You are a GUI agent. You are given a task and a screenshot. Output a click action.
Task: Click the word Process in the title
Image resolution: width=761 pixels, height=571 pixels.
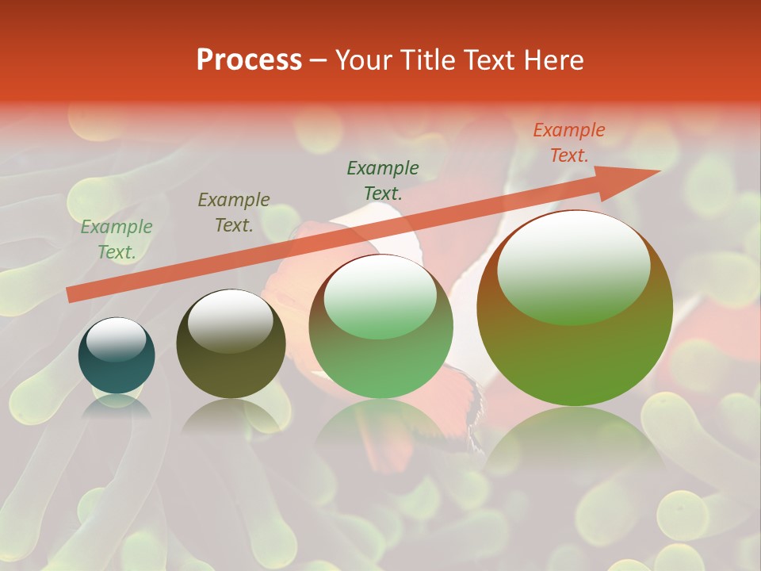tap(249, 60)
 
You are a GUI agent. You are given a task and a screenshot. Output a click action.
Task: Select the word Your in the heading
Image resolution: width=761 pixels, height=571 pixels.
tap(363, 60)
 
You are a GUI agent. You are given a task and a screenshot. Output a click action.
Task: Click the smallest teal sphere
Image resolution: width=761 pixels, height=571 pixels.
tap(117, 355)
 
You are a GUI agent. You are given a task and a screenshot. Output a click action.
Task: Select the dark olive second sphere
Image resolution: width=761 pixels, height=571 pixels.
tap(231, 344)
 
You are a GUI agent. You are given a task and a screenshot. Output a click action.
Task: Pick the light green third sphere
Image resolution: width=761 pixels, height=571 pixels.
tap(380, 326)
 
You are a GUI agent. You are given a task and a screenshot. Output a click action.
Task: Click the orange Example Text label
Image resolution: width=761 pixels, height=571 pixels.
tap(568, 143)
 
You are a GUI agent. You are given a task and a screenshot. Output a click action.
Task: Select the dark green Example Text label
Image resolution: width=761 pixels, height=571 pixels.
tap(383, 180)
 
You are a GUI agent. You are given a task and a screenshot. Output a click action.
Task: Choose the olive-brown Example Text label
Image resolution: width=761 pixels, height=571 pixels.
tap(233, 213)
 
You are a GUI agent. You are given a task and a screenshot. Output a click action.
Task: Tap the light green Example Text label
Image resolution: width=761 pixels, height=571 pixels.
tap(117, 240)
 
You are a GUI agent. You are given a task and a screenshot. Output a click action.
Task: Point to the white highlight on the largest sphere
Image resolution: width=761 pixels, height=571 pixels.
tap(573, 266)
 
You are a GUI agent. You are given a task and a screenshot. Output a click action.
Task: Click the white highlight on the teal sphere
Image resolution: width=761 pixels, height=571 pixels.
tap(117, 339)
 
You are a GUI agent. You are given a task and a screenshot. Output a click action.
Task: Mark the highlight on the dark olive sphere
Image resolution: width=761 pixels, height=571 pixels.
tap(230, 320)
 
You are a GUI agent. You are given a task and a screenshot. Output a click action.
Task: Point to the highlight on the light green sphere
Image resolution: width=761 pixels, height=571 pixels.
tap(380, 296)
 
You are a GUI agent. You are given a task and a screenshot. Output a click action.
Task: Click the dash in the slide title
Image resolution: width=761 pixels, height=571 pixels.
tap(319, 60)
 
